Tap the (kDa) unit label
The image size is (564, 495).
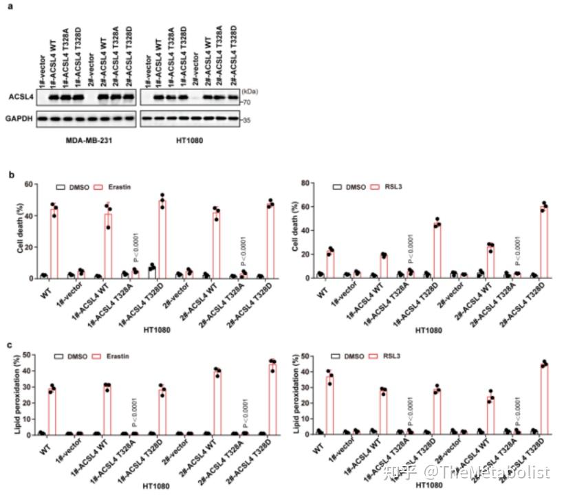248,91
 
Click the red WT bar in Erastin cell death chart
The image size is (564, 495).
54,242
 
